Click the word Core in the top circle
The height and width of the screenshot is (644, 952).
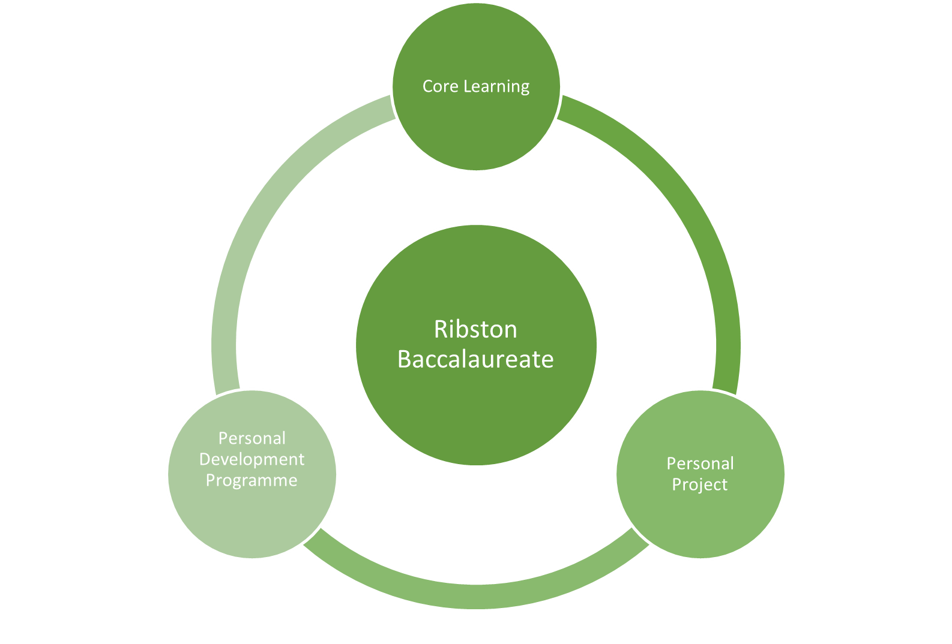click(440, 86)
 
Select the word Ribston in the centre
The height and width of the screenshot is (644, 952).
click(475, 329)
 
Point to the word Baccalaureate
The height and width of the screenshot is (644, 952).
click(475, 359)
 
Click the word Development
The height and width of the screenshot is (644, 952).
click(252, 459)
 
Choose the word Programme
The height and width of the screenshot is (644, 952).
click(252, 480)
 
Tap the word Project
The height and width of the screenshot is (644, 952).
click(699, 484)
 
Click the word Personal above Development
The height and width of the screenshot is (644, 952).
click(252, 438)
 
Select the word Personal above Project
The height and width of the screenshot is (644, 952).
click(700, 464)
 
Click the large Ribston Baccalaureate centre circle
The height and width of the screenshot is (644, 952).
click(476, 408)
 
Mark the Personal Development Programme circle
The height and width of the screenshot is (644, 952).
click(252, 522)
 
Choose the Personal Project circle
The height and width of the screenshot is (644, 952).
click(700, 522)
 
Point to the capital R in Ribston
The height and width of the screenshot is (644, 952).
click(440, 329)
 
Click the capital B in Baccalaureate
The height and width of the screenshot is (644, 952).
click(405, 359)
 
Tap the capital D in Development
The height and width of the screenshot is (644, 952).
click(205, 459)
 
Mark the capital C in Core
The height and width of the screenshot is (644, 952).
click(428, 86)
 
